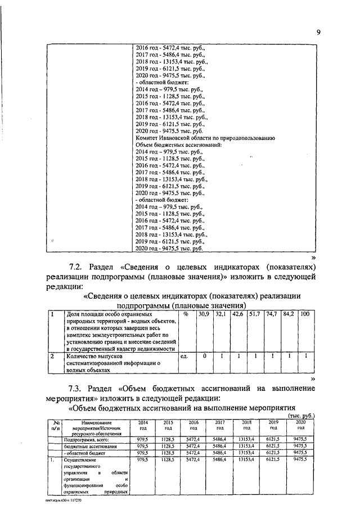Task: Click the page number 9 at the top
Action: click(318, 32)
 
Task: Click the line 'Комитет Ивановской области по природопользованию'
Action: click(205, 137)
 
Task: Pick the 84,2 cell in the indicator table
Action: click(289, 313)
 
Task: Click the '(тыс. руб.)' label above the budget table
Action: click(300, 415)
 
